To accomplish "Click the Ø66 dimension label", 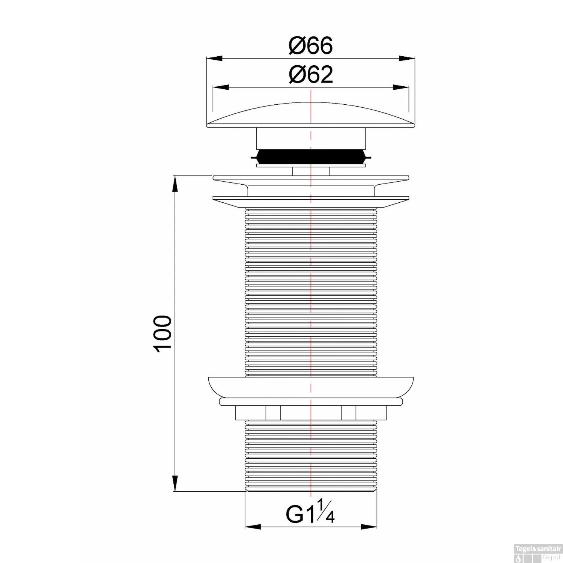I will coord(311,46).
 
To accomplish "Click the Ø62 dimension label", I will coord(311,75).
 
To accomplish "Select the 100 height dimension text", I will coord(163,333).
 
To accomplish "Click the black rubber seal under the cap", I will coord(311,156).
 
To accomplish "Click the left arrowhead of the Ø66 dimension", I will coord(214,58).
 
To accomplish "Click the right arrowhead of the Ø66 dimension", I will coord(407,58).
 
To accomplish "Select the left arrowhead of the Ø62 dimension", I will coord(221,87).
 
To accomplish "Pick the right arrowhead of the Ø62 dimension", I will coord(401,87).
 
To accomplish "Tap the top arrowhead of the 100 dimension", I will coord(175,184).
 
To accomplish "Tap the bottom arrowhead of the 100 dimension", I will coord(175,483).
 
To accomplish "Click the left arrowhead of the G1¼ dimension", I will coord(253,527).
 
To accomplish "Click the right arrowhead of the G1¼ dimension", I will coord(369,527).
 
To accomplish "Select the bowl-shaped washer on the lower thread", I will coord(311,387).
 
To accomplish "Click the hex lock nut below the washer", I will coord(311,412).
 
